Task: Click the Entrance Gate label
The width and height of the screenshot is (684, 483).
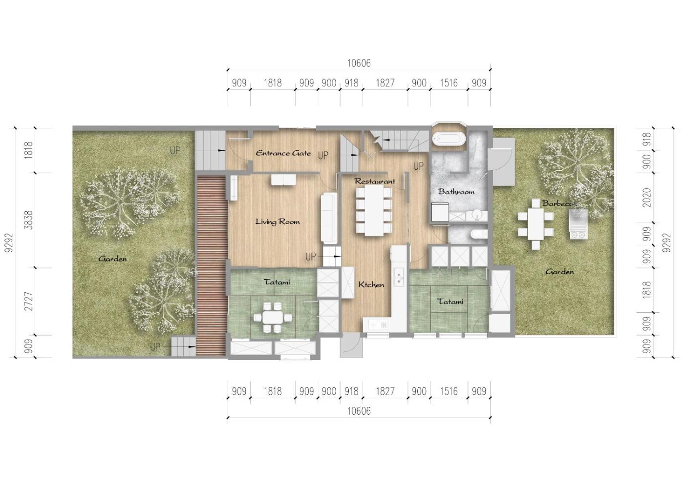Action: point(283,153)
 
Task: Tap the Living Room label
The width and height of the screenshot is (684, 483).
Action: point(278,221)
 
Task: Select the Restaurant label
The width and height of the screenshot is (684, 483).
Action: point(375,181)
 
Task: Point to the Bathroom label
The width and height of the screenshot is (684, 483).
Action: point(456,192)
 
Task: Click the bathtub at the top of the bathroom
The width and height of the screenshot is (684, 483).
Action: point(449,139)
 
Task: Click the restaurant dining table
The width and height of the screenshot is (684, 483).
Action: point(374,210)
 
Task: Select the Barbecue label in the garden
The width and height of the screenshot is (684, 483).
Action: point(559,203)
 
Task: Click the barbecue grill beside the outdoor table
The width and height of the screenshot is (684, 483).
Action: point(578,224)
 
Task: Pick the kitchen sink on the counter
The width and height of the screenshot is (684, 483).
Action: point(399,277)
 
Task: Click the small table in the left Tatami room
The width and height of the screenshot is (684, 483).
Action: point(273,318)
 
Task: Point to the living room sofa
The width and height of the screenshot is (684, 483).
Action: point(329,218)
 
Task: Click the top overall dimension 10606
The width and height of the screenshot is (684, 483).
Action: point(359,63)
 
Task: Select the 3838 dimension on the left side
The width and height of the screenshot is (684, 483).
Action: point(28,220)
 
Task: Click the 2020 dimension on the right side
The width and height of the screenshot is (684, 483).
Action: point(647,198)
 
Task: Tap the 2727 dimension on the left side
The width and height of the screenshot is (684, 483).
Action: point(28,302)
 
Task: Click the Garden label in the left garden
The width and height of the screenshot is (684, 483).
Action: point(112,259)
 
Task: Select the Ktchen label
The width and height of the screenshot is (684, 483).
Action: point(371,285)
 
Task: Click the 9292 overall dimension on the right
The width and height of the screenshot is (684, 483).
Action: point(667,243)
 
